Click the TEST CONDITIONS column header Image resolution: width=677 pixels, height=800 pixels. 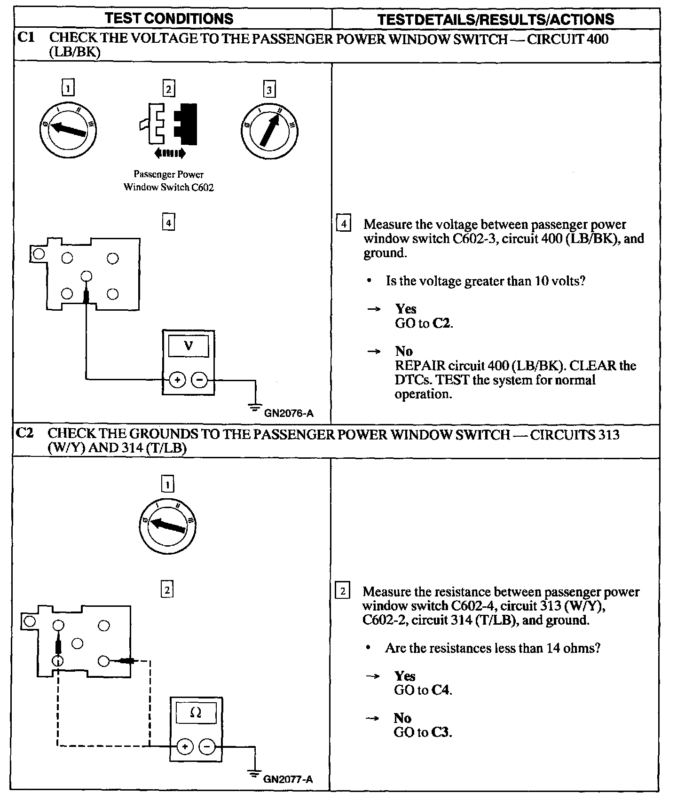169,18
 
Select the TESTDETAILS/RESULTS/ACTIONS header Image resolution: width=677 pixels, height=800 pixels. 496,19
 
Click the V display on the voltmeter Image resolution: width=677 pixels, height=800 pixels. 189,346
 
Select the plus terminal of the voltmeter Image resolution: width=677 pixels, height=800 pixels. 177,380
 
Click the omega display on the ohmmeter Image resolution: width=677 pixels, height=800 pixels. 196,714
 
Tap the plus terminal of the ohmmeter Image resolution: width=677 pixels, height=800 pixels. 185,746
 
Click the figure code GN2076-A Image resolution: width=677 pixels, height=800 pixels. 289,414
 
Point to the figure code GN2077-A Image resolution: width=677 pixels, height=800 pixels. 288,779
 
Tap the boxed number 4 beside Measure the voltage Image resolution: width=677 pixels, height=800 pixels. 344,224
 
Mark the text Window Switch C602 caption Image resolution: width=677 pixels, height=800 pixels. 169,187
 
